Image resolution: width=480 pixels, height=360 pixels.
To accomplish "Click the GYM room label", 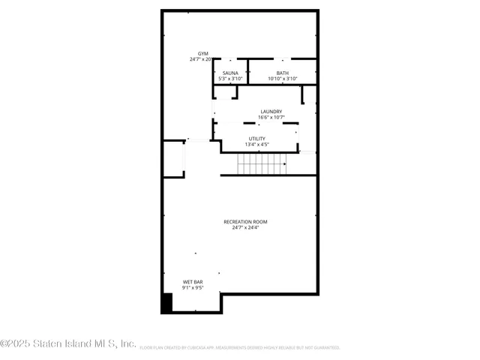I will tap(202, 54).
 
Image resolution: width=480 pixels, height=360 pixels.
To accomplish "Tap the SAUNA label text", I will tap(230, 73).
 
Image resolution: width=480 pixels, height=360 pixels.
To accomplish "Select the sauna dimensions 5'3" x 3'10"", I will tap(230, 79).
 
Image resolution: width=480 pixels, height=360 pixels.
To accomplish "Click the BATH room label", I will tap(282, 73).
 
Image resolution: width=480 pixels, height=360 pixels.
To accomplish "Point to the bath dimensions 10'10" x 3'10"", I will tap(282, 79).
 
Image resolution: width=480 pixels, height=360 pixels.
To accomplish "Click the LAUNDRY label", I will tap(271, 112).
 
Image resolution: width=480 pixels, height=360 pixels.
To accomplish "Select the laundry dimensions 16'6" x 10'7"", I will tap(271, 118).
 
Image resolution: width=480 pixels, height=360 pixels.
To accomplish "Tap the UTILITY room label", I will tap(256, 139).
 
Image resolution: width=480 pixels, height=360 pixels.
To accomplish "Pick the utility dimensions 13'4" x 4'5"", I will tap(256, 145).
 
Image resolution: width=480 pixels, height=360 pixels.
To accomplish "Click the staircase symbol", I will tap(262, 163).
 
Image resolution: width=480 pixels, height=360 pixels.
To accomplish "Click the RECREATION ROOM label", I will tap(245, 222).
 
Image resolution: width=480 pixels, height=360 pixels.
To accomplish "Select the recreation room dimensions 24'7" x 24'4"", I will tap(245, 228).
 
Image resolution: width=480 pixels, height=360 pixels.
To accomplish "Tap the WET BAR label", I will tap(193, 282).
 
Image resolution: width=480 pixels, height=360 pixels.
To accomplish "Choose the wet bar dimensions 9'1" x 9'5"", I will tap(193, 288).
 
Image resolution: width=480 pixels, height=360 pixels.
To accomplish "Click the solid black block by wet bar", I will tap(167, 303).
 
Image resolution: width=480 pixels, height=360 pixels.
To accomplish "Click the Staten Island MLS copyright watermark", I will tap(68, 344).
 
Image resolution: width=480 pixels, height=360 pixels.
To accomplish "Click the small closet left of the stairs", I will tap(174, 159).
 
